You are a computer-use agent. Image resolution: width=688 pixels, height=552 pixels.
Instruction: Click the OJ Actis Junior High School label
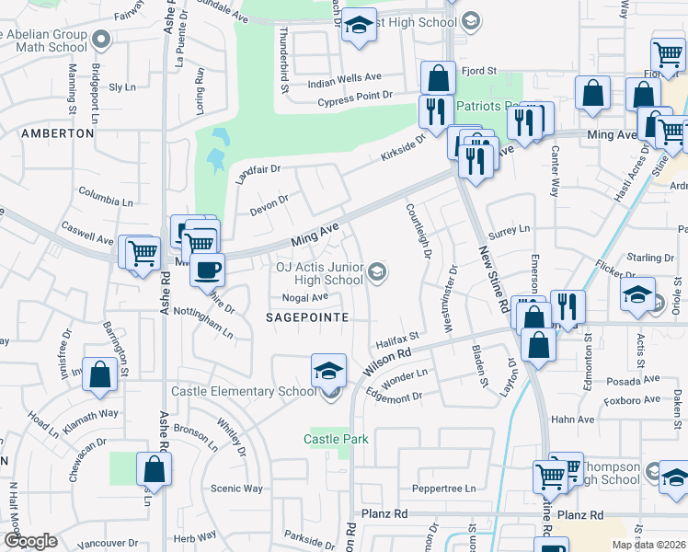point(319,273)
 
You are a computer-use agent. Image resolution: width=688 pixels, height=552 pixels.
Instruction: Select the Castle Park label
point(336,439)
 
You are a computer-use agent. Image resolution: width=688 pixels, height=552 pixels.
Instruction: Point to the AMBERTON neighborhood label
point(57,133)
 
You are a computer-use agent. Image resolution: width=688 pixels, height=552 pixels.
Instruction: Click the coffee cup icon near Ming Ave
point(206,270)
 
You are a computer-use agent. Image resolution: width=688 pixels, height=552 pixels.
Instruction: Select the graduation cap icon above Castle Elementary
point(328,370)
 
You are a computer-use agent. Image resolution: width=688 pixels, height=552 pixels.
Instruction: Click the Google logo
point(31,541)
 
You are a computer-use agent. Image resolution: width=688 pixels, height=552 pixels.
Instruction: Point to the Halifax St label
point(396,339)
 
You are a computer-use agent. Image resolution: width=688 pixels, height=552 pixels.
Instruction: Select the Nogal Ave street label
point(305,297)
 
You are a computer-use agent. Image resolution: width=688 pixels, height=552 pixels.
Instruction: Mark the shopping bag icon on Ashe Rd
point(155,469)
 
